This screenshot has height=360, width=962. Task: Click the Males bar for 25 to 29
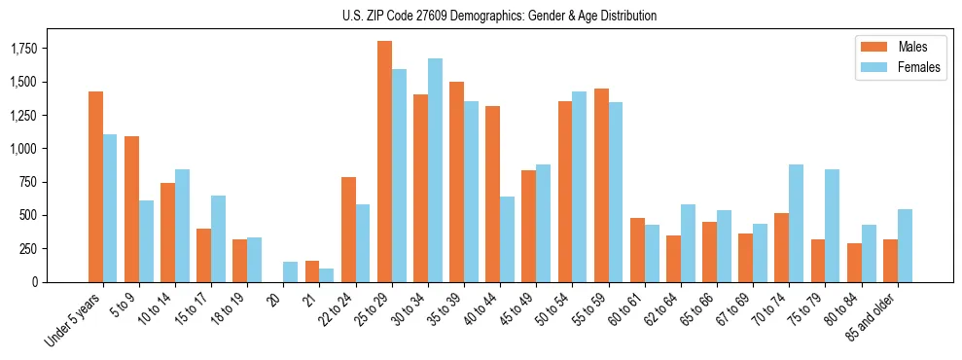(384, 162)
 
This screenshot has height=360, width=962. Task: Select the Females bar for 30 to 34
(435, 170)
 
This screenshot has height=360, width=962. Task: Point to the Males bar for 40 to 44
(493, 194)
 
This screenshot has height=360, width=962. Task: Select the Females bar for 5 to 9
(146, 241)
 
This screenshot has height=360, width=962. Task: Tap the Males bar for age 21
(312, 271)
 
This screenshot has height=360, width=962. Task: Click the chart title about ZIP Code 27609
(499, 16)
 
